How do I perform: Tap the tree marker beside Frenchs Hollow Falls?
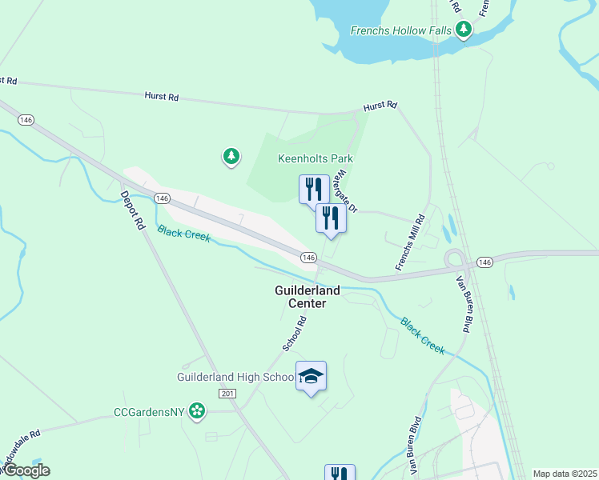463,30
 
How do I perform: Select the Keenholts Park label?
316,158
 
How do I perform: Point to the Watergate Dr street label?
346,190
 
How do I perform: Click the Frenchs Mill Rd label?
409,242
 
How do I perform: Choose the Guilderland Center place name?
308,297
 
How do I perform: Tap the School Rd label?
295,334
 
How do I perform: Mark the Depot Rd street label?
132,210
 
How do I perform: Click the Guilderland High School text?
235,377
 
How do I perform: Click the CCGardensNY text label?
149,412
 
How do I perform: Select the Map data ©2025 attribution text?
565,474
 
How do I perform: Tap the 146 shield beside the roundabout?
484,262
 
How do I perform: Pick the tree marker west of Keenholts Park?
231,156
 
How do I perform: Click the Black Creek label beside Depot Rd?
183,233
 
